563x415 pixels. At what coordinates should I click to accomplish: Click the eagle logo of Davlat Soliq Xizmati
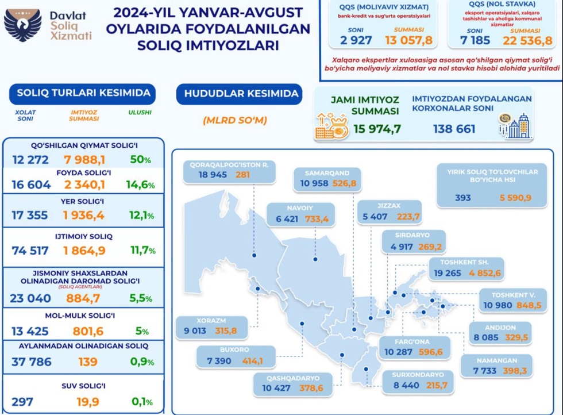click(x=23, y=24)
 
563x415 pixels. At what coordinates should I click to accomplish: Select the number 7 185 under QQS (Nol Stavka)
click(x=475, y=40)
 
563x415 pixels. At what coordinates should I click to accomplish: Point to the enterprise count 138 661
click(x=454, y=129)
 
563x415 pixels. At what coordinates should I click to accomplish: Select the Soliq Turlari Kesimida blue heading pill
click(x=83, y=93)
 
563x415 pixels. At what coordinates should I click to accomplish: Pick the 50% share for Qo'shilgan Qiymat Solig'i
click(x=140, y=159)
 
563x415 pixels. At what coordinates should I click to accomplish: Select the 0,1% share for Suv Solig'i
click(x=140, y=402)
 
